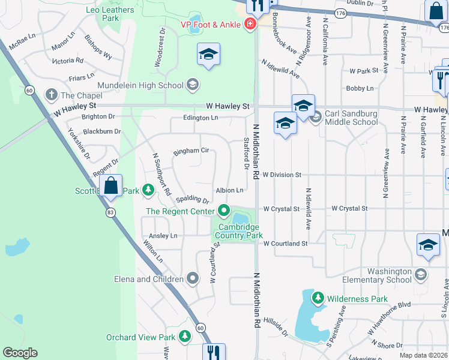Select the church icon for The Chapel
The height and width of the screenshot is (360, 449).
click(x=52, y=95)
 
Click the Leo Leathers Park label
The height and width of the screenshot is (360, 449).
click(x=110, y=14)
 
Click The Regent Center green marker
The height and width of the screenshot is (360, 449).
click(x=224, y=211)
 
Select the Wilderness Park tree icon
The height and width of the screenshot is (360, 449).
click(x=316, y=298)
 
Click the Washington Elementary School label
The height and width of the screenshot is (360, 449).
click(x=377, y=275)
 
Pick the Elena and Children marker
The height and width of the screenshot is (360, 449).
click(x=193, y=278)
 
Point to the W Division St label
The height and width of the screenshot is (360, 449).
click(x=281, y=175)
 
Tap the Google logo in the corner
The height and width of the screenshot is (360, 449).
click(x=20, y=353)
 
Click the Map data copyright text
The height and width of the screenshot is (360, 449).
click(x=424, y=355)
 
